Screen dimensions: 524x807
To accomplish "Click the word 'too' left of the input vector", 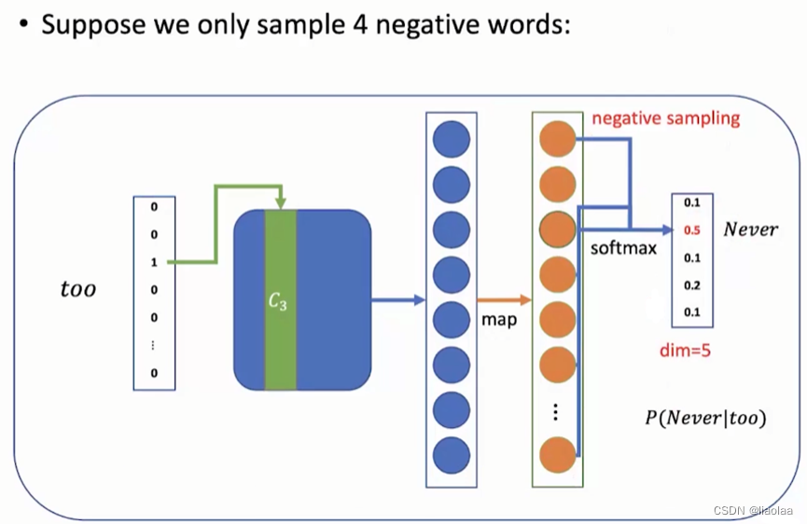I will pyautogui.click(x=77, y=289).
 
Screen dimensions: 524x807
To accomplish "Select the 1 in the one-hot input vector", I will pyautogui.click(x=154, y=262).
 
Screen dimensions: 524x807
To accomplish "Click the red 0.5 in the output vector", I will pyautogui.click(x=691, y=229).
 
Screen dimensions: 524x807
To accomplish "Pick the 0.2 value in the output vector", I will pyautogui.click(x=691, y=285).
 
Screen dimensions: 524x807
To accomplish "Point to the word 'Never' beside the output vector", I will pyautogui.click(x=750, y=229).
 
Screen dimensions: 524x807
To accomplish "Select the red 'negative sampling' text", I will pyautogui.click(x=665, y=118).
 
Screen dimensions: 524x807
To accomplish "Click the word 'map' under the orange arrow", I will pyautogui.click(x=500, y=320).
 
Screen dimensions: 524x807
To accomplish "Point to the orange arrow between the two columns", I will pyautogui.click(x=504, y=300).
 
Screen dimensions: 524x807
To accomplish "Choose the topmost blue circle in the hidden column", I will pyautogui.click(x=452, y=138).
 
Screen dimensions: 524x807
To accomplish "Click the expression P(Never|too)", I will pyautogui.click(x=704, y=418).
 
